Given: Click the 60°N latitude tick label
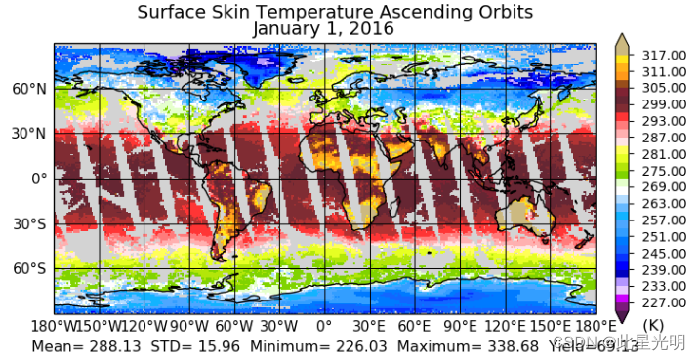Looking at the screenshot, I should click(27, 89).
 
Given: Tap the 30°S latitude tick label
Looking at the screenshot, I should click(27, 223).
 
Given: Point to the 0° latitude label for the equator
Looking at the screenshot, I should click(39, 179).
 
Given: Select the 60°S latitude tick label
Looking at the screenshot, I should click(27, 268).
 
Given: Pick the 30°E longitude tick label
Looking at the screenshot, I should click(369, 325).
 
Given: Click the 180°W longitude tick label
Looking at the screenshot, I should click(55, 325).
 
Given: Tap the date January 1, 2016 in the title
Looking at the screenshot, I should click(323, 28).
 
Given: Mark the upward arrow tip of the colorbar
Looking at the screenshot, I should click(621, 35).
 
